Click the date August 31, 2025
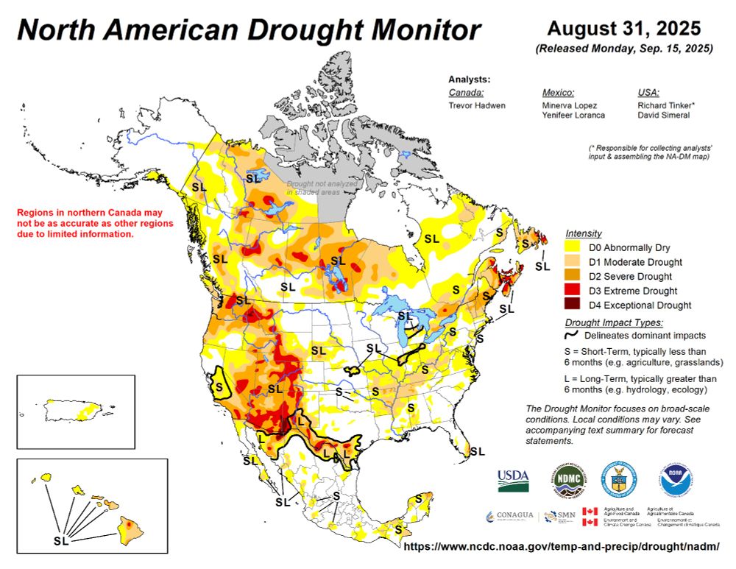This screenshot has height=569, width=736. (623, 29)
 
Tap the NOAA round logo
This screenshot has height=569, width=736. (676, 478)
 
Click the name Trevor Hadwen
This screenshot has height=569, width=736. (477, 105)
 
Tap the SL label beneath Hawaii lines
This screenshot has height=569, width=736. (63, 541)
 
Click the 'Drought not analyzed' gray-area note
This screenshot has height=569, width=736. (322, 187)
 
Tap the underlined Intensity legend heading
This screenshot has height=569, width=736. (584, 233)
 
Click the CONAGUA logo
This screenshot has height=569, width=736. (509, 515)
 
